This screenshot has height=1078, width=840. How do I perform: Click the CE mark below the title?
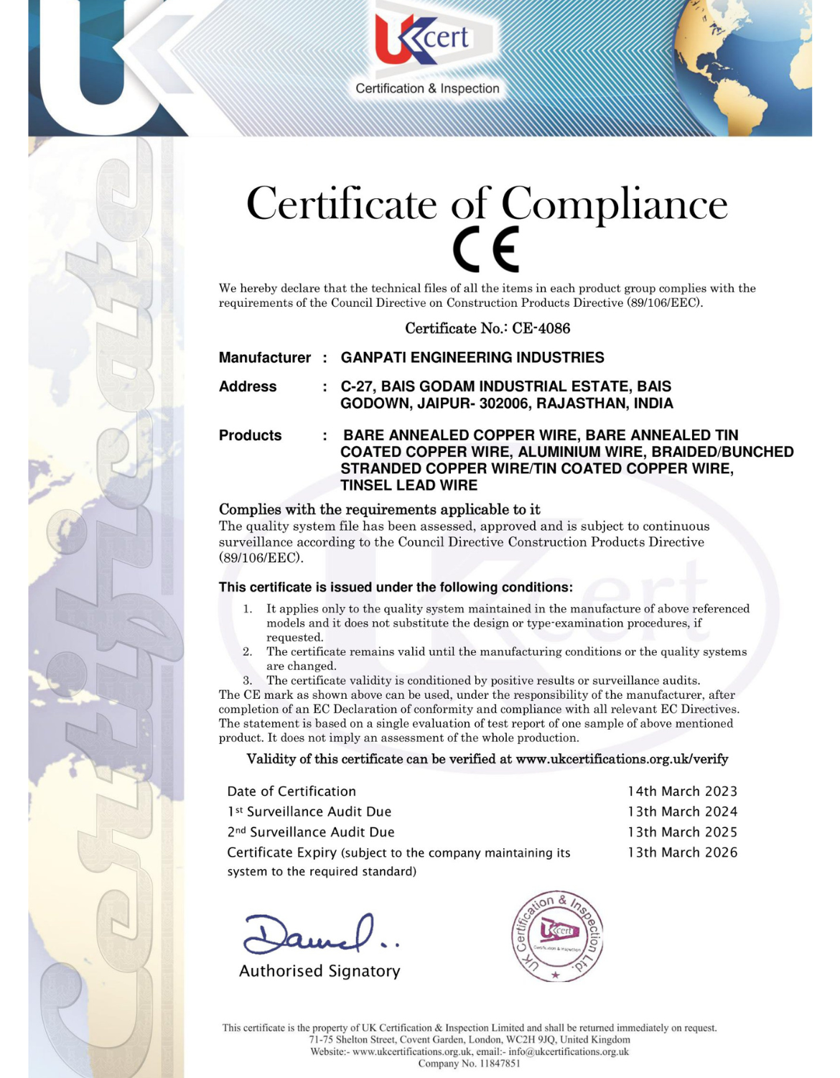(x=485, y=249)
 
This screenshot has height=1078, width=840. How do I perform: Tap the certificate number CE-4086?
(x=541, y=328)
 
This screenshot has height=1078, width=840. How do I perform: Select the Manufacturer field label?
(x=264, y=358)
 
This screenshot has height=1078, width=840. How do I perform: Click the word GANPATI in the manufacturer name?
(x=374, y=358)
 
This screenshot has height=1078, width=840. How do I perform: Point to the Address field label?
(x=247, y=386)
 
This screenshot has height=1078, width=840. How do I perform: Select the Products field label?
(x=250, y=435)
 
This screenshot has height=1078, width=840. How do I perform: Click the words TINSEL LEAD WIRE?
(x=409, y=485)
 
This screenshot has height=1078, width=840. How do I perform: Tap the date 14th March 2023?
(x=682, y=791)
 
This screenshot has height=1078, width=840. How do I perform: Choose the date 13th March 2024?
(x=682, y=812)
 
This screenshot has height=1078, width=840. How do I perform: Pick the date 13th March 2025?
(x=682, y=832)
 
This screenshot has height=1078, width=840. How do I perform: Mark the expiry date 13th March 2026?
(x=682, y=852)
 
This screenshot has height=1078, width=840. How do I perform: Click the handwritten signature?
(x=316, y=933)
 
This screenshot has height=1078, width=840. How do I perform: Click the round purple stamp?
(x=556, y=937)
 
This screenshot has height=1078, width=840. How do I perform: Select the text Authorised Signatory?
(x=319, y=972)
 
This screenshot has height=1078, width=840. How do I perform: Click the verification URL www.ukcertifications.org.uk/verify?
(x=622, y=759)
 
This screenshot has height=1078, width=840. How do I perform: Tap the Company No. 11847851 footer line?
(x=469, y=1064)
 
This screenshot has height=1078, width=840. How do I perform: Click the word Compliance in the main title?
(x=614, y=204)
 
